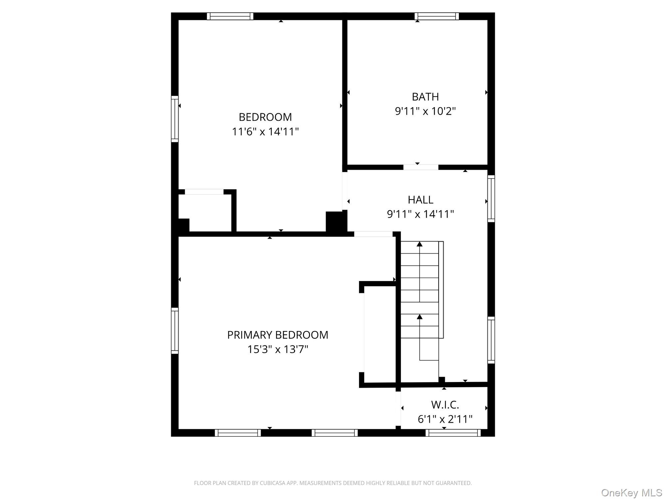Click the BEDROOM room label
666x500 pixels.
coord(265,117)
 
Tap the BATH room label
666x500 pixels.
coord(425,97)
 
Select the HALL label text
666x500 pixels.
coord(421,200)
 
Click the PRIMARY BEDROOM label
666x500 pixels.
coord(278,335)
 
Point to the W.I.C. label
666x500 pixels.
coord(445,405)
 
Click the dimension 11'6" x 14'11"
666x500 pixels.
coord(265,132)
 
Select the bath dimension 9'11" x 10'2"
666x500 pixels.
coord(425,111)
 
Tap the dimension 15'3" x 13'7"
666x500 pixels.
coord(278,349)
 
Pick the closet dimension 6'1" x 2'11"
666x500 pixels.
coord(445,419)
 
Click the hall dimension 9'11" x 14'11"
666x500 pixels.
coord(421,214)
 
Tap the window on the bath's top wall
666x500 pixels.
coord(437,16)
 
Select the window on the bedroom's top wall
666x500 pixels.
coord(230,16)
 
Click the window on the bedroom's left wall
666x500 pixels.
coord(175,119)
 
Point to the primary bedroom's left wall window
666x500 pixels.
coord(175,331)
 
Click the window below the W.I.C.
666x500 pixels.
coord(453,433)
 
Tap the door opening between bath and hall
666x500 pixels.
coord(421,167)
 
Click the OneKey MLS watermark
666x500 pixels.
coord(632,492)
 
